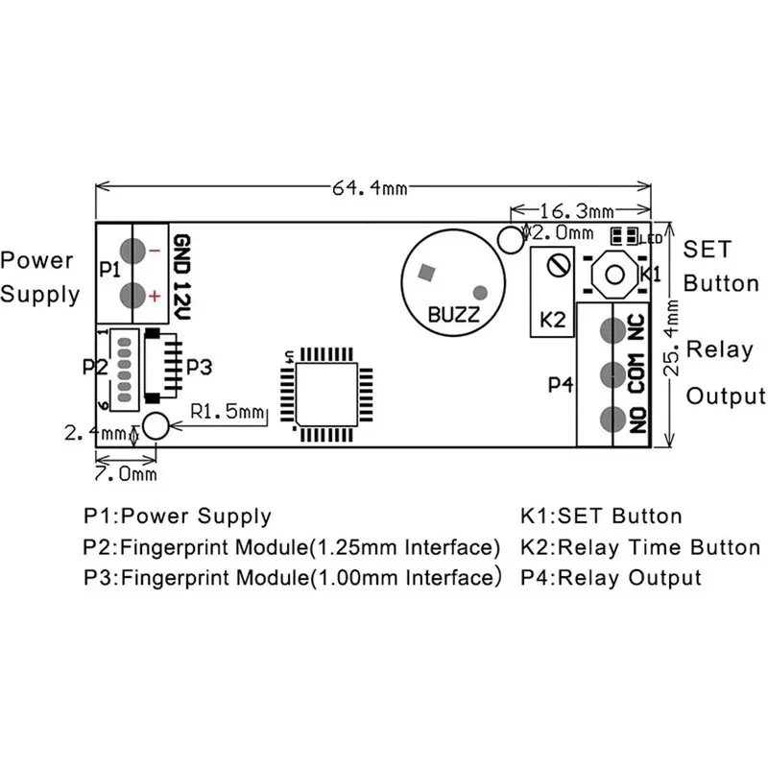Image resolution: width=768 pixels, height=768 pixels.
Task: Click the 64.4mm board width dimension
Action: point(370,188)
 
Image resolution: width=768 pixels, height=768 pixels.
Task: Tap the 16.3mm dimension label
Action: point(577,211)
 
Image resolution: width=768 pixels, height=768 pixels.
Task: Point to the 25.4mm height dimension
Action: point(671,338)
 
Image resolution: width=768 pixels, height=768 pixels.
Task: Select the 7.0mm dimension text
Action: point(126,473)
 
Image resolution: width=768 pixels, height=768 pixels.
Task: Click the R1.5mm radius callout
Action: point(228,412)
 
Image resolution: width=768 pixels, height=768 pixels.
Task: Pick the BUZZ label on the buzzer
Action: point(453,315)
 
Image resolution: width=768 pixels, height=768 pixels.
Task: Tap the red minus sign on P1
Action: point(155,251)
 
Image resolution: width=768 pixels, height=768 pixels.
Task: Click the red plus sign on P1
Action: point(155,296)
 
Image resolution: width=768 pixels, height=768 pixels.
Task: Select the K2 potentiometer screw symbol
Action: point(560,267)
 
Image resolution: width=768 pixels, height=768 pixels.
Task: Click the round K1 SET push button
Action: point(614,275)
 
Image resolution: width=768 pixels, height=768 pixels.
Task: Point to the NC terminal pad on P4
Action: point(612,330)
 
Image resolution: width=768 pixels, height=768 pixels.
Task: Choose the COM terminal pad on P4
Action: point(612,374)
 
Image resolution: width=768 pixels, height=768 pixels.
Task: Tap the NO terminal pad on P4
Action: point(612,420)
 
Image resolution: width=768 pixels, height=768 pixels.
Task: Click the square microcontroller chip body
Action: point(326,395)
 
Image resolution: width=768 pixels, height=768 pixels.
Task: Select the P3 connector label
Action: point(200,367)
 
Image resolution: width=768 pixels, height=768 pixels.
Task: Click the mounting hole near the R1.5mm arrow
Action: point(156,425)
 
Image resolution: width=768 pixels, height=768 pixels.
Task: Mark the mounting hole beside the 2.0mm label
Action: point(511,239)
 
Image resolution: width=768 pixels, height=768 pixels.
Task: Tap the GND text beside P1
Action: point(182,254)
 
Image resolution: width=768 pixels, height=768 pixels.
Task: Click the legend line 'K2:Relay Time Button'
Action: point(640,547)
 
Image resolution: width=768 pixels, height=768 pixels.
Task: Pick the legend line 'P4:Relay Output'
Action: point(612,578)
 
